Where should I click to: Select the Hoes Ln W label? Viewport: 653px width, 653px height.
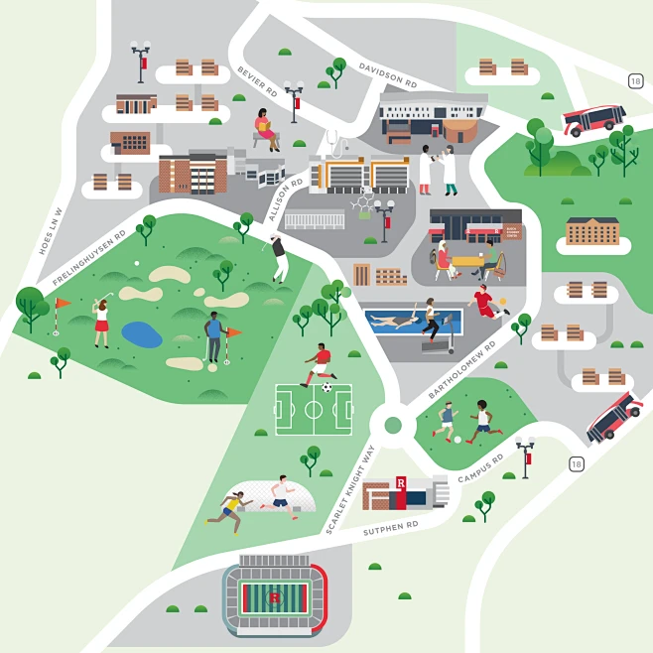52,230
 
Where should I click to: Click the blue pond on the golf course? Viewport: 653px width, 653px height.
142,334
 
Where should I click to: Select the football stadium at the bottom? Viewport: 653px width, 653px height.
274,597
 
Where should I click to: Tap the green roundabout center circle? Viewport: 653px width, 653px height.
393,425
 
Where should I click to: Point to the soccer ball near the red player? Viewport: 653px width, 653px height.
327,387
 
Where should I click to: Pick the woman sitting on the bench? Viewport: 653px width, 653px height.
266,128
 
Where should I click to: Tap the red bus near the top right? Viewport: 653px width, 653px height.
593,119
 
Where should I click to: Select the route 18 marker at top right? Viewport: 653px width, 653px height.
635,80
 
